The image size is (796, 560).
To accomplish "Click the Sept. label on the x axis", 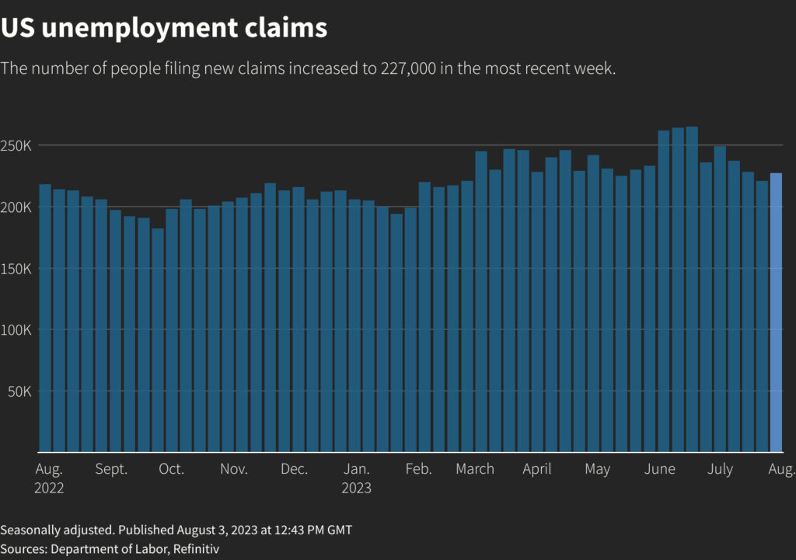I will [111, 469].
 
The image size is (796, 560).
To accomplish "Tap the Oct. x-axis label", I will [171, 469].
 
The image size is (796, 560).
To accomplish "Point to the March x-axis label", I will [475, 469].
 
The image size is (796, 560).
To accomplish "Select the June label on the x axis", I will [660, 469].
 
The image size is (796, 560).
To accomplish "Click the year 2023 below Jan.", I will [357, 489].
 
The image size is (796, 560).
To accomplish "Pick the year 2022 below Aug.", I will [50, 489].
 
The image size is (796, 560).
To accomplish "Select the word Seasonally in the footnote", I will [29, 530].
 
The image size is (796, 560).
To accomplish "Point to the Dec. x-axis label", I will [294, 469].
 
